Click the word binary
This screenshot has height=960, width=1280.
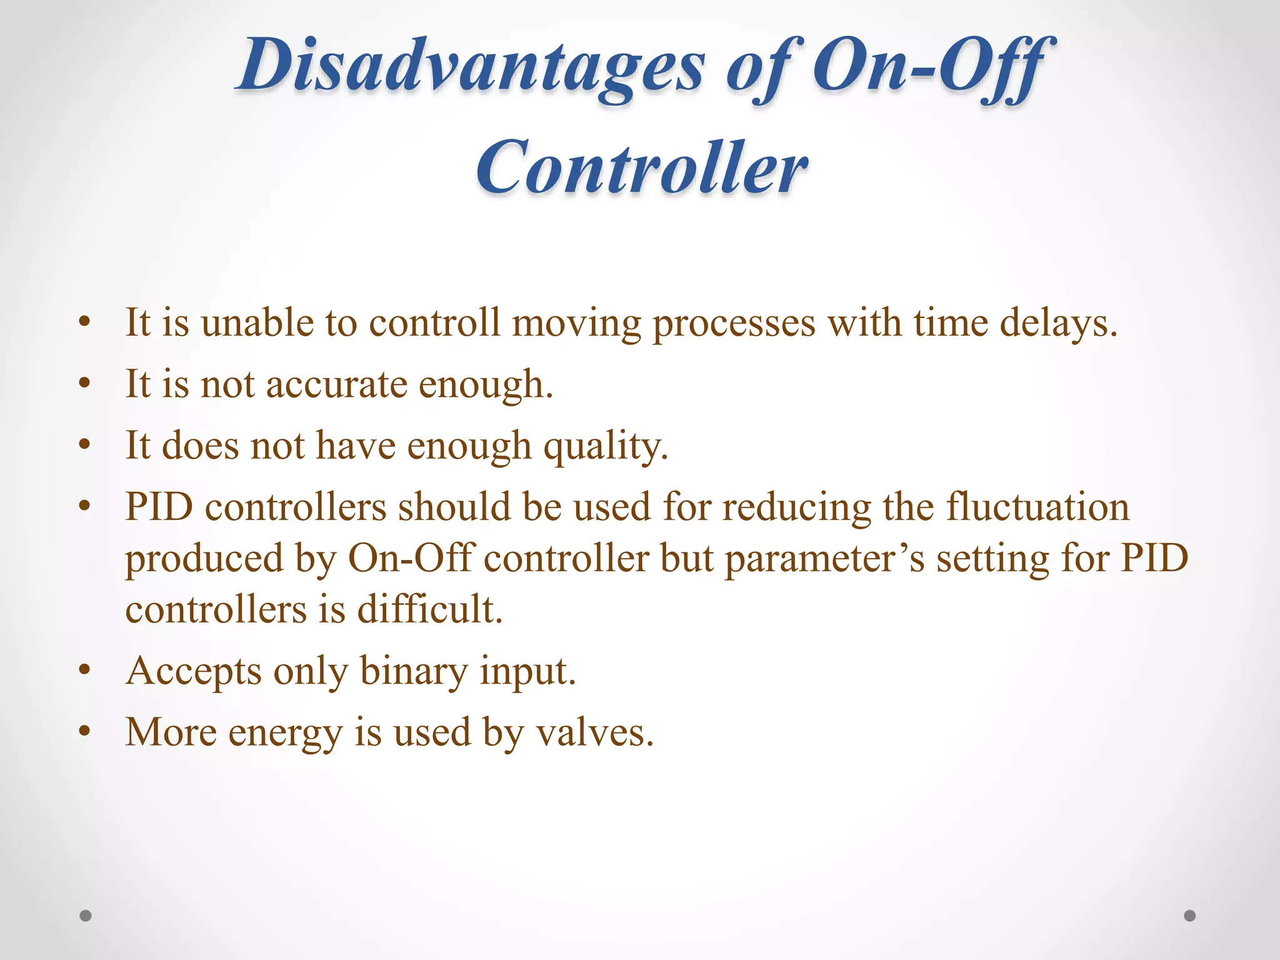coord(413,671)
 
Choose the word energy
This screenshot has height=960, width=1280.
coord(285,733)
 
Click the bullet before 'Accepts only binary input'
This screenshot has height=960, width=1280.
coord(85,671)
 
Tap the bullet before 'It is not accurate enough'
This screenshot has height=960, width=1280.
coord(85,384)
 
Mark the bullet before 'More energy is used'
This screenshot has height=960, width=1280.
coord(85,732)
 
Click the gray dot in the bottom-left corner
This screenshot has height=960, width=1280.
coord(86,916)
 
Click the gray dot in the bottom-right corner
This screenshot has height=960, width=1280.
coord(1190,916)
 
